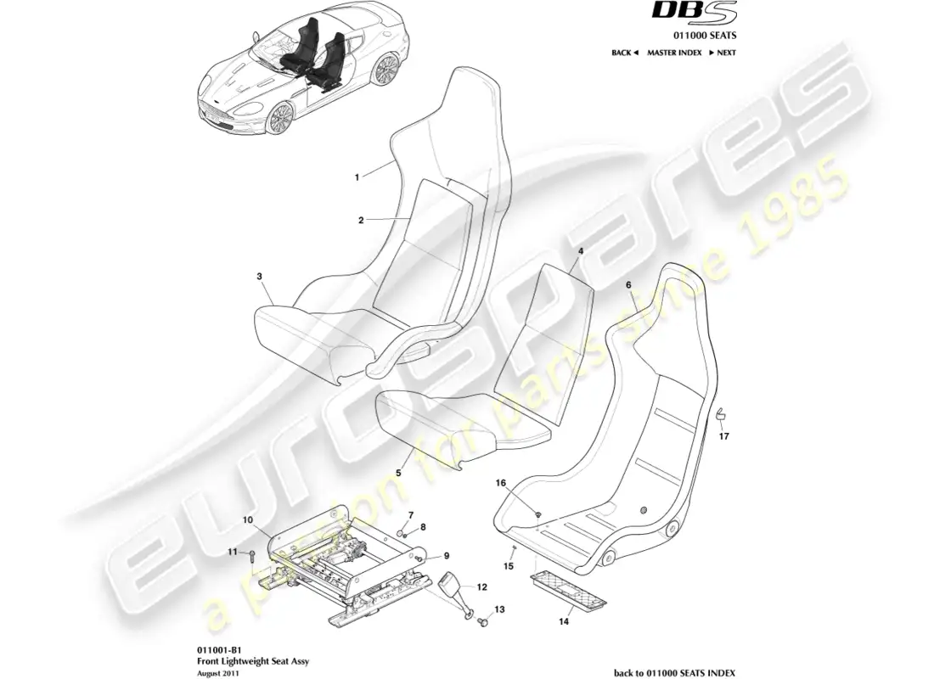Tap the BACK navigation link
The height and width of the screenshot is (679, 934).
click(625, 53)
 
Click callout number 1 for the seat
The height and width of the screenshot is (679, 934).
click(357, 177)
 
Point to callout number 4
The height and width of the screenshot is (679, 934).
click(580, 252)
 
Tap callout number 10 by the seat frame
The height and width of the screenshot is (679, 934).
click(248, 519)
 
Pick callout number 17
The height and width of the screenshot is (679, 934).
click(723, 438)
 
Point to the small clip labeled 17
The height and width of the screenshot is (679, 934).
click(718, 414)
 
